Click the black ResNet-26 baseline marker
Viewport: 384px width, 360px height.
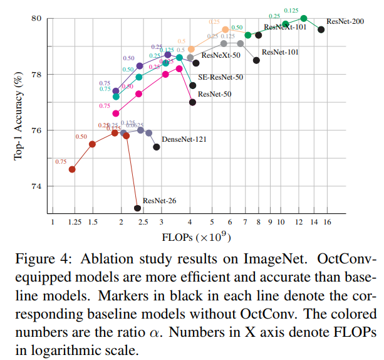pyautogui.click(x=137, y=208)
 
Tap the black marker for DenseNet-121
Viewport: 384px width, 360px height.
pyautogui.click(x=157, y=147)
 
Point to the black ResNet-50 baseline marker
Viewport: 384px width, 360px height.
pyautogui.click(x=192, y=102)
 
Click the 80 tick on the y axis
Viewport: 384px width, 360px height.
pyautogui.click(x=35, y=18)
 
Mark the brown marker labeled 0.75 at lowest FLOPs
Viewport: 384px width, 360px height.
pyautogui.click(x=72, y=169)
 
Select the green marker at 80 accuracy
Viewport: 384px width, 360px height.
pyautogui.click(x=304, y=18)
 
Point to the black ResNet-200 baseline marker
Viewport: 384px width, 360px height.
pyautogui.click(x=321, y=29)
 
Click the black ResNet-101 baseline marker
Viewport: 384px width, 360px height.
pyautogui.click(x=256, y=60)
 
